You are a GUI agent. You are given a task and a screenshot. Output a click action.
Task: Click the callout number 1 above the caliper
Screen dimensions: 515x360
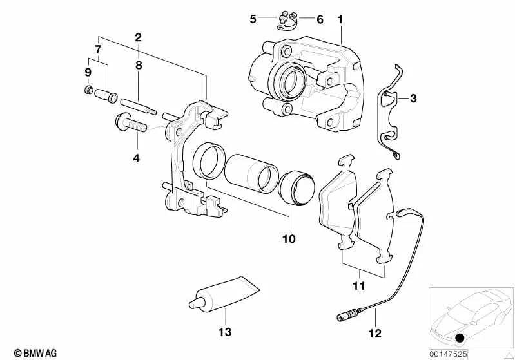click(x=340, y=20)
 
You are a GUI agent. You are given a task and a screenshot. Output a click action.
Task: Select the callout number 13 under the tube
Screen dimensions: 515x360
click(x=225, y=332)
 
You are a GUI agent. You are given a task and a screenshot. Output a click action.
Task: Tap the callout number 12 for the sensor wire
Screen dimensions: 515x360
click(x=375, y=334)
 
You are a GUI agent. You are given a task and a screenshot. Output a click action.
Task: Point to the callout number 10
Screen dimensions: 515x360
click(x=289, y=238)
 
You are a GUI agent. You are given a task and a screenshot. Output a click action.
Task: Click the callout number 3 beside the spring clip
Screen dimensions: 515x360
click(x=413, y=98)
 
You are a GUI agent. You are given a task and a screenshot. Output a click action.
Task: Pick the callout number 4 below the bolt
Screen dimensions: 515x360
click(x=136, y=158)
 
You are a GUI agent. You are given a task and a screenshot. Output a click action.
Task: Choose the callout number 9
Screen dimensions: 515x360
click(x=88, y=72)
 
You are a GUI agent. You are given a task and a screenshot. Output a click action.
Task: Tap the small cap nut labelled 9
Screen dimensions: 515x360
click(x=88, y=90)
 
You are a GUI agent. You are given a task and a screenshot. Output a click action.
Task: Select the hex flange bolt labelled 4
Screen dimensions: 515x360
click(x=131, y=123)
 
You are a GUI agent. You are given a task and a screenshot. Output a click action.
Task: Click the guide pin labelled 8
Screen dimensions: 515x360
click(x=139, y=106)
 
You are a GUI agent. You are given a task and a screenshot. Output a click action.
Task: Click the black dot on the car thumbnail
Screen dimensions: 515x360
click(x=460, y=337)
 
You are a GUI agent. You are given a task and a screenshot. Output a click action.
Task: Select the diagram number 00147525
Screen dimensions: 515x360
click(x=448, y=354)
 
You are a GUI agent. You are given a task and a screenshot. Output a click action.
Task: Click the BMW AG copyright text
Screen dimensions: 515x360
click(x=35, y=353)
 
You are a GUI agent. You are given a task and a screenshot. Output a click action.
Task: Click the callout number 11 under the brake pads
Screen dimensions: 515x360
click(x=358, y=285)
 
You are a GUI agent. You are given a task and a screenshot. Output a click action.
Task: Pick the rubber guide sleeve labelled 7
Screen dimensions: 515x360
click(x=106, y=95)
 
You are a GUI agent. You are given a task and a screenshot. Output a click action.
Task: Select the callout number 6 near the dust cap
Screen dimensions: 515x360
click(x=320, y=19)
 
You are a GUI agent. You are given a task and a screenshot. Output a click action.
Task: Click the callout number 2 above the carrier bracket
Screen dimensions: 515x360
click(x=139, y=37)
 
